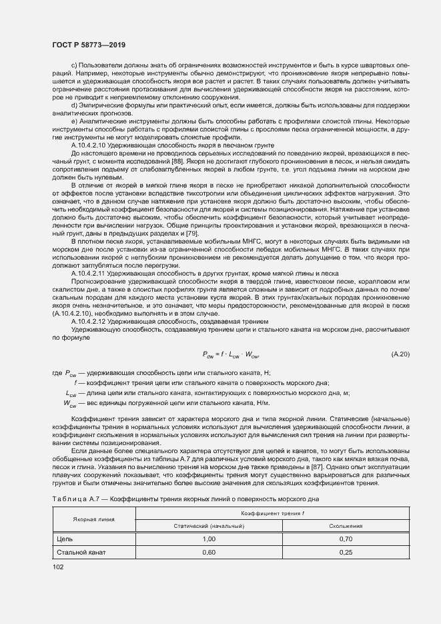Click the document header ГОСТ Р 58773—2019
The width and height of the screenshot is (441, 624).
[x=88, y=43]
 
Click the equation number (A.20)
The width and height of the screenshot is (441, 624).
[x=400, y=354]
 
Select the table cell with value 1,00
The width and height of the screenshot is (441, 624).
[x=209, y=538]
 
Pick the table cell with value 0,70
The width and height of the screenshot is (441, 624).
[x=345, y=538]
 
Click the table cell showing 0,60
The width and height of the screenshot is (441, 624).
[x=209, y=552]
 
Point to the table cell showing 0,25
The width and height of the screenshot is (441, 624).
[x=345, y=552]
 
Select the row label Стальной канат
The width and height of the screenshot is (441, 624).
[x=81, y=552]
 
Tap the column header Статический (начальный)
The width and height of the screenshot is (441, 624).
[x=209, y=526]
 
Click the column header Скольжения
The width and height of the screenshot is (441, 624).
[x=345, y=526]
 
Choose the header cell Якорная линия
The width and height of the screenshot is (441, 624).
[x=94, y=519]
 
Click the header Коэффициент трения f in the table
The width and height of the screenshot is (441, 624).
[x=277, y=513]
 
